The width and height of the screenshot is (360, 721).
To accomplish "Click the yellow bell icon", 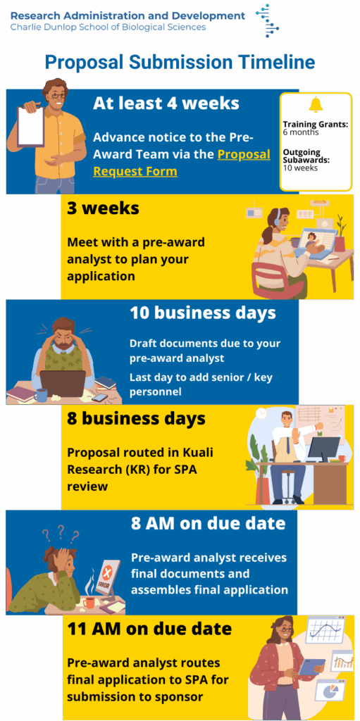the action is pyautogui.click(x=316, y=105).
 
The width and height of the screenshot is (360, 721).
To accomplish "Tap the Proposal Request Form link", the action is pyautogui.click(x=182, y=163).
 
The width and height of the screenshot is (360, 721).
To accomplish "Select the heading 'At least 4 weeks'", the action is pyautogui.click(x=166, y=104).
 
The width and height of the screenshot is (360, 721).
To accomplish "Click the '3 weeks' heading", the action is pyautogui.click(x=103, y=208).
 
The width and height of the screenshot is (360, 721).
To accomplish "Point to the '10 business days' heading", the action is pyautogui.click(x=203, y=313).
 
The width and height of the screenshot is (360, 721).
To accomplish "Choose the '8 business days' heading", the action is pyautogui.click(x=136, y=419).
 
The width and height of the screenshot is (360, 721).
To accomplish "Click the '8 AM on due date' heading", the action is pyautogui.click(x=208, y=524).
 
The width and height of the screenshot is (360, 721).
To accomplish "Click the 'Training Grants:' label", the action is pyautogui.click(x=315, y=124).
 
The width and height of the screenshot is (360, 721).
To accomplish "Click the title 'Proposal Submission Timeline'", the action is pyautogui.click(x=180, y=63).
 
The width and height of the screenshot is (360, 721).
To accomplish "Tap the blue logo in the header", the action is pyautogui.click(x=268, y=20).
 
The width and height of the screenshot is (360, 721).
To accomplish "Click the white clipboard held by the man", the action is pyautogui.click(x=31, y=125).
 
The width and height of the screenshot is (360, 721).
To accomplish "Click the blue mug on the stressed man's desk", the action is pyautogui.click(x=41, y=394).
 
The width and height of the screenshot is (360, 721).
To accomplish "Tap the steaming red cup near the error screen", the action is pyautogui.click(x=88, y=601).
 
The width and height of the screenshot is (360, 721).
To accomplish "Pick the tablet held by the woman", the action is pyautogui.click(x=312, y=666).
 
